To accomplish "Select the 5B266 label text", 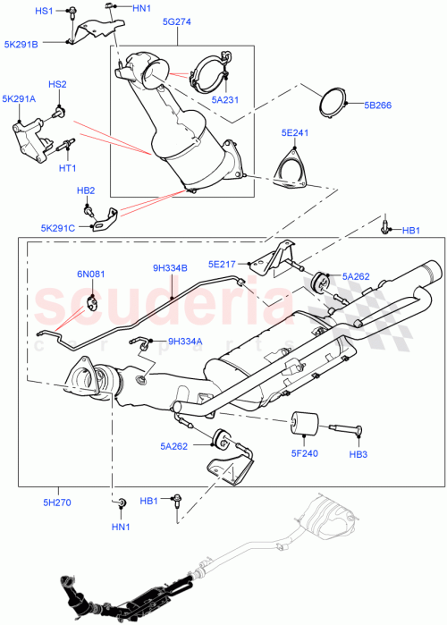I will tap(378, 105).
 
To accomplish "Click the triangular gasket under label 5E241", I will tap(289, 170).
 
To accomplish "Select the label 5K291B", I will tap(21, 42).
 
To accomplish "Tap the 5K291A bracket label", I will tap(20, 99).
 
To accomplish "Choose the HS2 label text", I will tap(57, 85).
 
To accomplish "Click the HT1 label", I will tap(67, 168).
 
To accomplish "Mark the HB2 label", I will tap(87, 190).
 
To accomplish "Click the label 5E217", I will tap(223, 264).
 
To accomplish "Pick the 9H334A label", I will tap(186, 341).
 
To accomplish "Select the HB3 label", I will tap(358, 456).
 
